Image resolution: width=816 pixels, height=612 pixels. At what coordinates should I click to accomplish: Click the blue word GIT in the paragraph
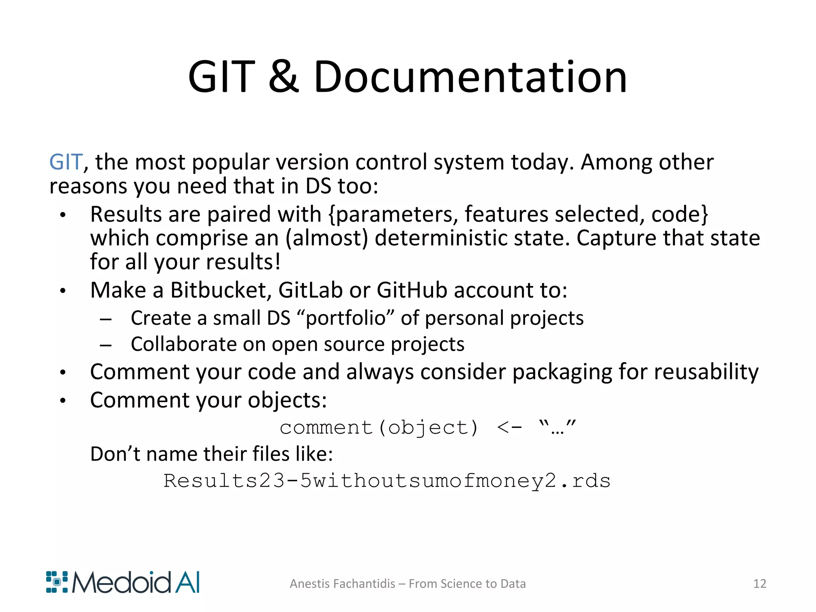[x=66, y=162]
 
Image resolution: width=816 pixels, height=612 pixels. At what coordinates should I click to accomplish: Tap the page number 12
[x=759, y=584]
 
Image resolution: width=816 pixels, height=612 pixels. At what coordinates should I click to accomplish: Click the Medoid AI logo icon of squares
[x=57, y=582]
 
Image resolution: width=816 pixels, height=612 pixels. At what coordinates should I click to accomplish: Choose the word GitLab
[x=310, y=290]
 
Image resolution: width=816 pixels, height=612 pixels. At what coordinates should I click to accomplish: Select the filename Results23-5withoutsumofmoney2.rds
[x=386, y=481]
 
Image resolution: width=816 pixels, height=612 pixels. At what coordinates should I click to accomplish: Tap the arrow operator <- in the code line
[x=509, y=428]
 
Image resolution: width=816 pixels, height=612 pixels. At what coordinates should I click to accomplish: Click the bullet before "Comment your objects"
[x=63, y=401]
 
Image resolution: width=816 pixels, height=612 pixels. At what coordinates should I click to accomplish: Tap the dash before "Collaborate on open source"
[x=106, y=345]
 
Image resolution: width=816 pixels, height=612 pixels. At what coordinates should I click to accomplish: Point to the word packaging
[x=562, y=373]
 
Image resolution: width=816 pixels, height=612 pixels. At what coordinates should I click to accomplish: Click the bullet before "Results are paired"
[x=63, y=215]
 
